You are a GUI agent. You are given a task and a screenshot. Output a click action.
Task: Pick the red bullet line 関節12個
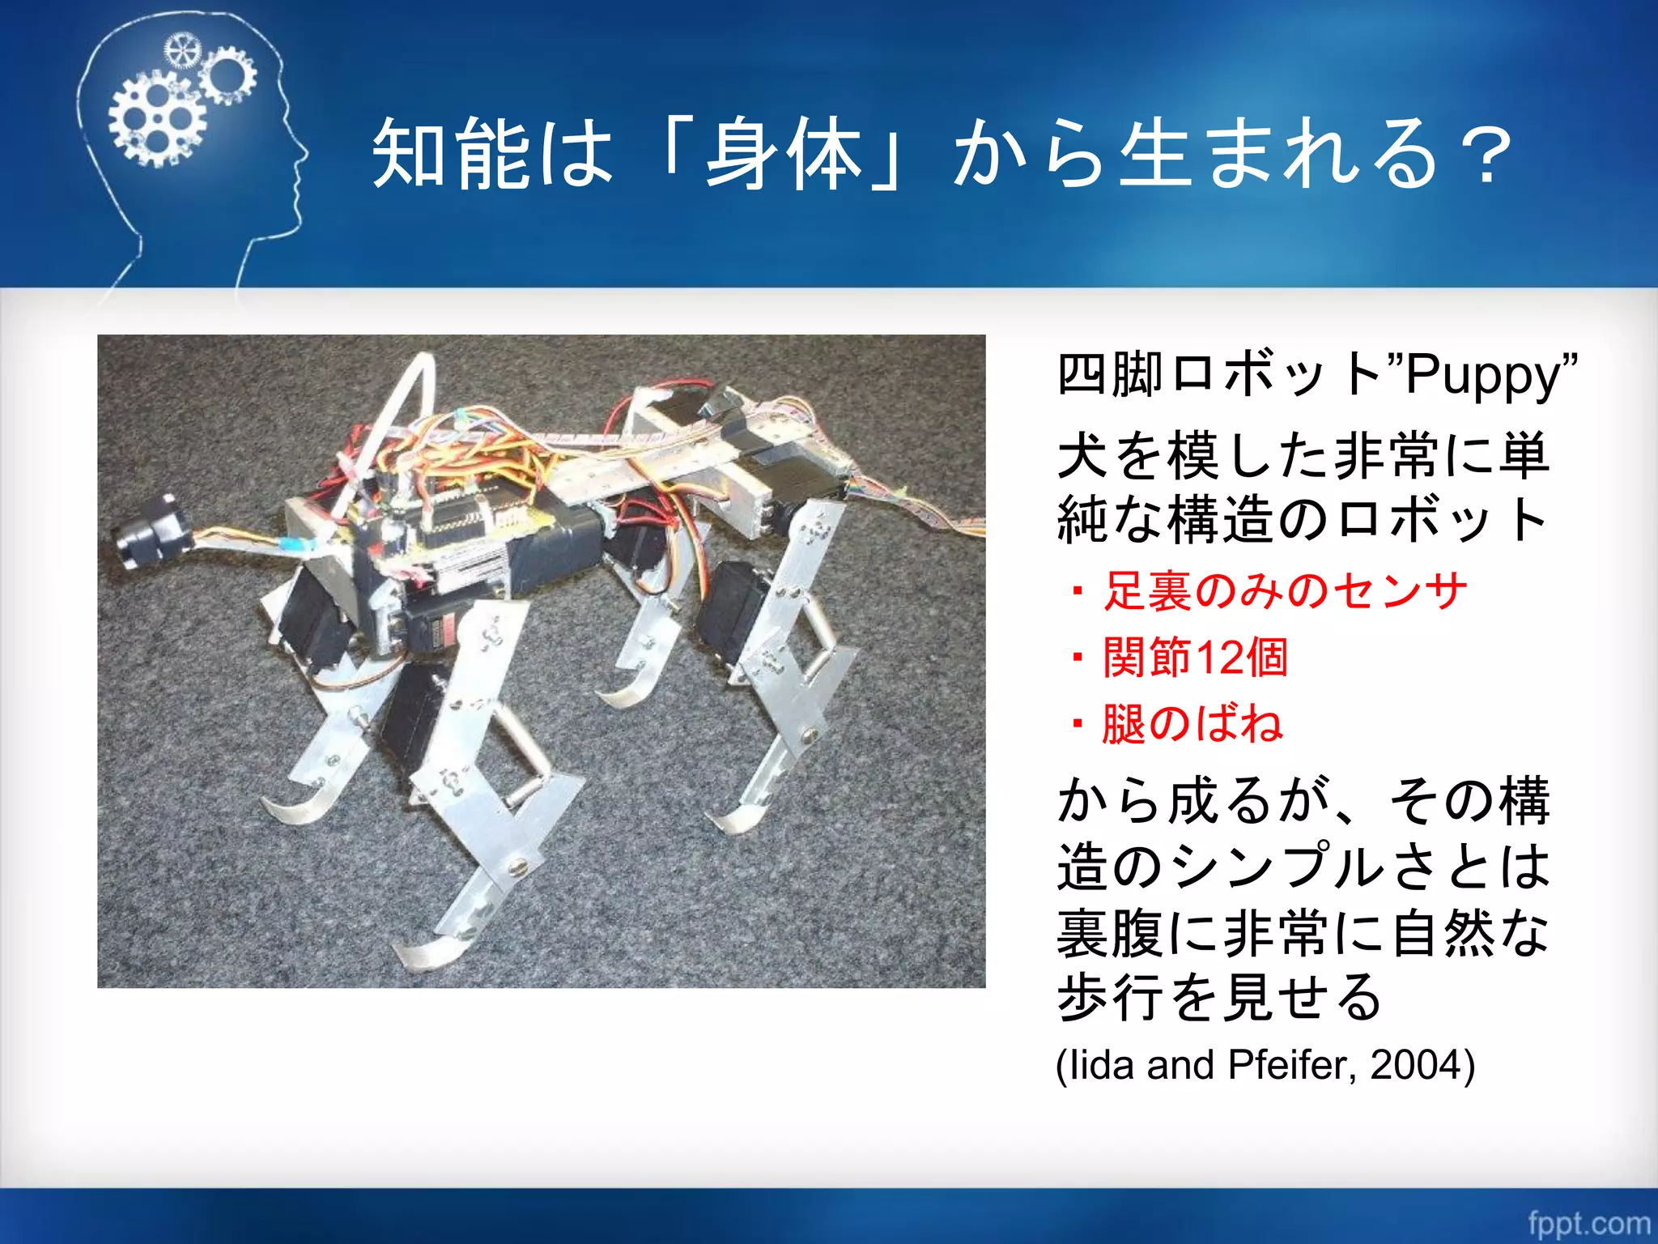pos(1195,657)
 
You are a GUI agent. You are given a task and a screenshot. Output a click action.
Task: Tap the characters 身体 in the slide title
pos(782,154)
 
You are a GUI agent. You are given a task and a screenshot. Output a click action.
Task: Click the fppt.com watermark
pos(1588,1223)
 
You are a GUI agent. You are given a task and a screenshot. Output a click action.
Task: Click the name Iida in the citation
pos(1099,1065)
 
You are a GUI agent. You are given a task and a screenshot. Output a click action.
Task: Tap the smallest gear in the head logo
pos(181,52)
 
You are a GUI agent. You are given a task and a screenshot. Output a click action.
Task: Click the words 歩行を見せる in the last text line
pos(1218,998)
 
